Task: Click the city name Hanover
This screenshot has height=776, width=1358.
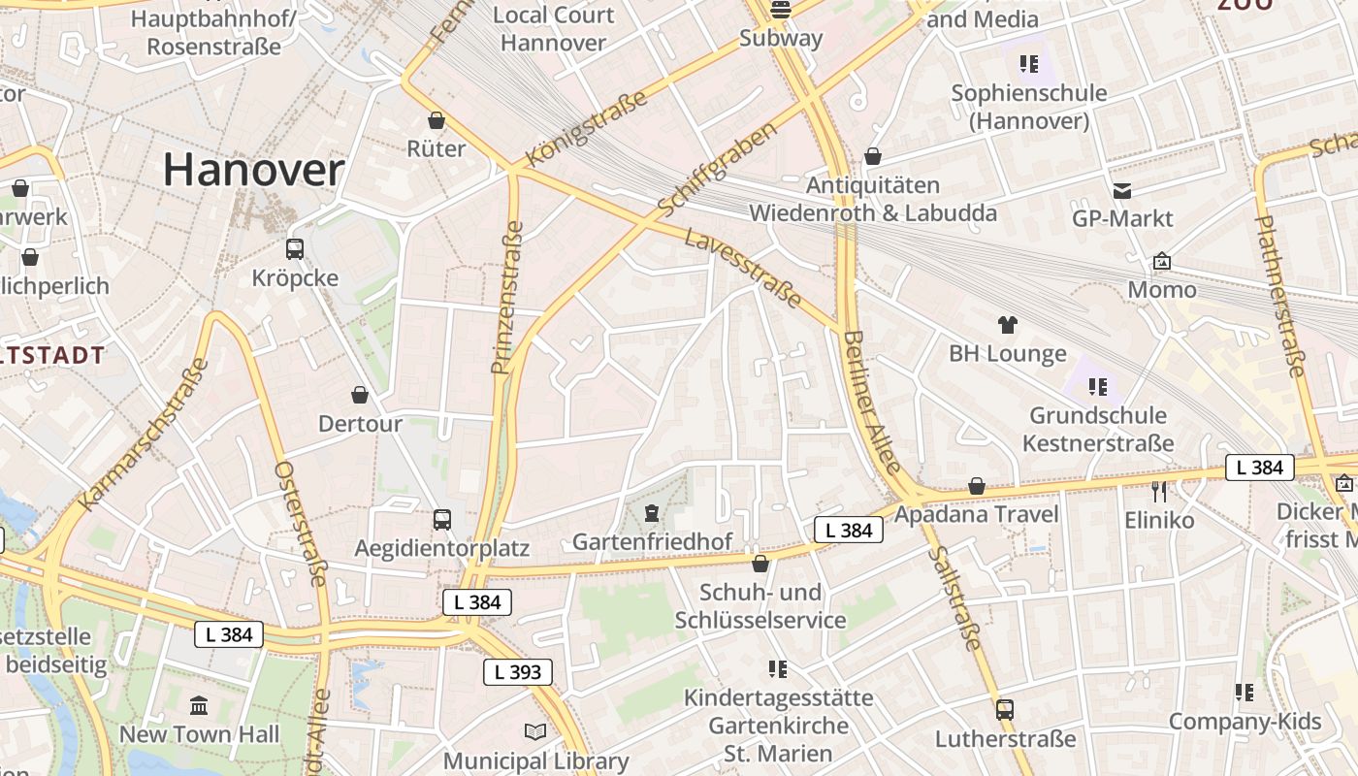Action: pos(253,170)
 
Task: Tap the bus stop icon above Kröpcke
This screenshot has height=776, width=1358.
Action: pos(295,249)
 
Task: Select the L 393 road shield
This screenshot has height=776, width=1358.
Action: pos(518,671)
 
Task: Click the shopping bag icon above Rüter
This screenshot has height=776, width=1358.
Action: pos(436,120)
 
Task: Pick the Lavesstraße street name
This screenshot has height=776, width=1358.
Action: pos(743,268)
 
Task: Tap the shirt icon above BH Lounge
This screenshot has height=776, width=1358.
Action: pos(1007,325)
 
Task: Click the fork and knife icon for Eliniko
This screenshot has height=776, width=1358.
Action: pos(1159,491)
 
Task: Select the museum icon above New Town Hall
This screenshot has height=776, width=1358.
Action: pos(200,705)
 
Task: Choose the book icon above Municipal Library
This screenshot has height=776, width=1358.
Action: pos(535,731)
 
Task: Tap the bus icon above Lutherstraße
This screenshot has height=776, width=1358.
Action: pos(1005,709)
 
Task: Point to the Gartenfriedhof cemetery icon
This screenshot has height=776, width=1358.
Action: pos(652,511)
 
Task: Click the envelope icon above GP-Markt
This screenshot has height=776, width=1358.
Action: pos(1122,190)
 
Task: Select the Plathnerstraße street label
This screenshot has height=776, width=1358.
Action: pos(1280,296)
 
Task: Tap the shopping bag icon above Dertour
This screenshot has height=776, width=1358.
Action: pos(360,395)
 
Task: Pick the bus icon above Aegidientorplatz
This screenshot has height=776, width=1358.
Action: pos(442,519)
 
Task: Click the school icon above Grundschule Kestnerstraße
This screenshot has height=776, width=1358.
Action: pos(1098,387)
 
